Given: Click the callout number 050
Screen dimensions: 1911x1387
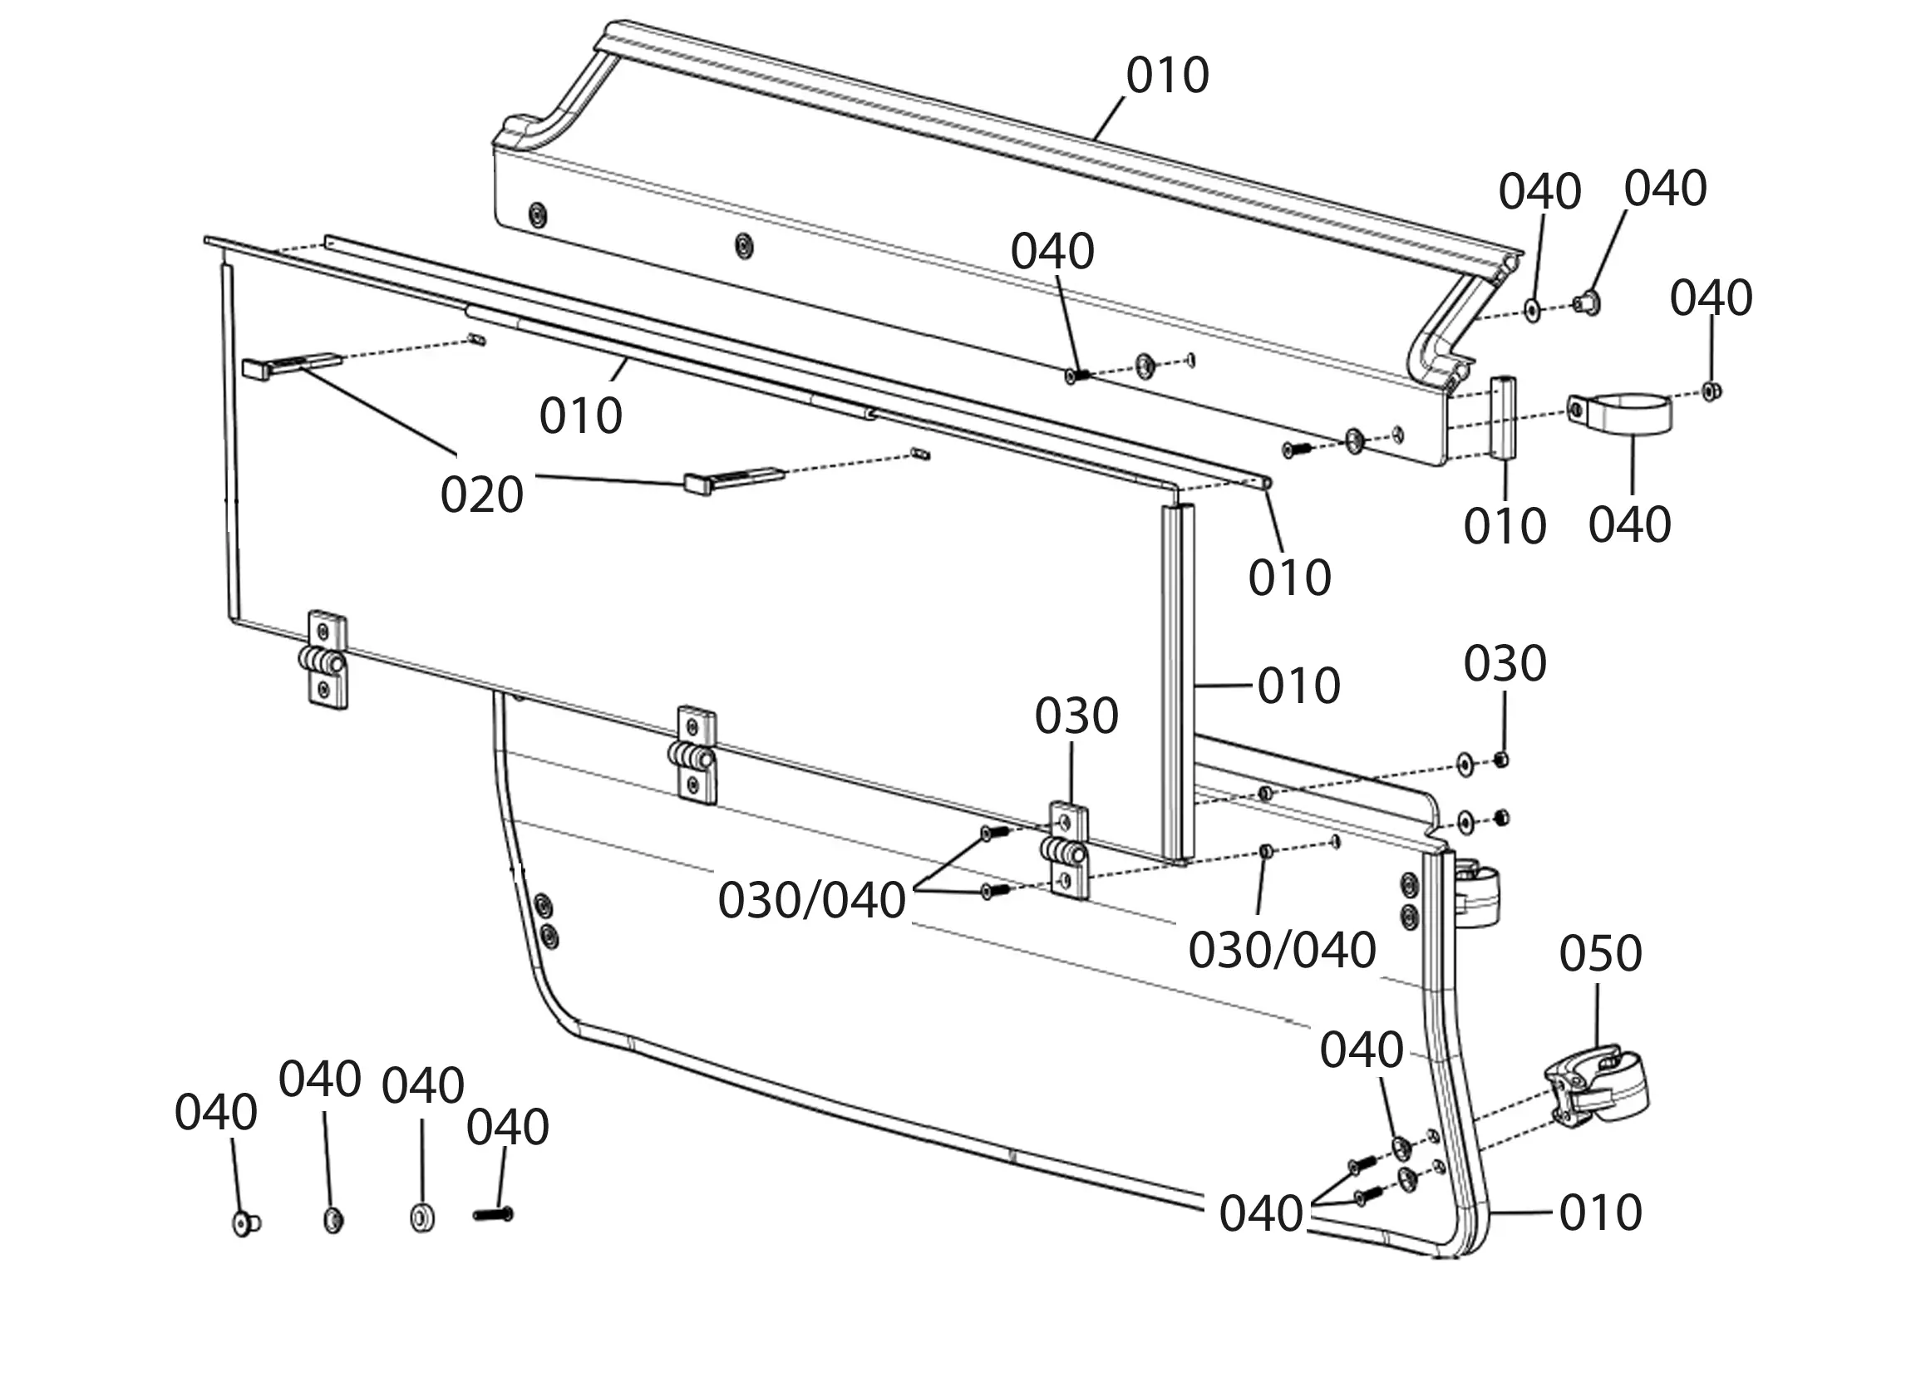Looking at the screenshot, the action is click(1600, 954).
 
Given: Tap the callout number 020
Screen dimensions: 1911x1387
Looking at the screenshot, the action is click(482, 494).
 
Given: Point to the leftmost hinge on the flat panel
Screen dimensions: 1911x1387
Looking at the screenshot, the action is click(325, 658).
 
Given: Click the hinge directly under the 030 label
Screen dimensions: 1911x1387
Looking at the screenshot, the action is click(1067, 852).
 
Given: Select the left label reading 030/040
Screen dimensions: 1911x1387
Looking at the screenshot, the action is click(811, 900).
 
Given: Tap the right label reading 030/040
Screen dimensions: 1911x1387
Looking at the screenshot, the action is click(1282, 951).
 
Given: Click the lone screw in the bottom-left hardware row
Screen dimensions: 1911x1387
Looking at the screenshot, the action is click(493, 1214).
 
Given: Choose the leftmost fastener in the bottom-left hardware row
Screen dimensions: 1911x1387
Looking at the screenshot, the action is click(245, 1221).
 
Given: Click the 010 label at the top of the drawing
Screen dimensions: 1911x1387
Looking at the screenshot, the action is click(1168, 76).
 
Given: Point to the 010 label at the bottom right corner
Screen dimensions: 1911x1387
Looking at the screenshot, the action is click(1600, 1212).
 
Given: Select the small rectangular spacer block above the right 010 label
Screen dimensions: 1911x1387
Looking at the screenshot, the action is click(1505, 418).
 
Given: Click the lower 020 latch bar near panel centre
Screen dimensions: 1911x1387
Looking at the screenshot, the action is click(734, 480).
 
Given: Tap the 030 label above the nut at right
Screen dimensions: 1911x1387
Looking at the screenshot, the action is click(1505, 664).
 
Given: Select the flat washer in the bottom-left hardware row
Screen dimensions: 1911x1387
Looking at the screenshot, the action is click(422, 1218).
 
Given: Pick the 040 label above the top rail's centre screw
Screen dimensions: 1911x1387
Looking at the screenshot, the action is click(1052, 252).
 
